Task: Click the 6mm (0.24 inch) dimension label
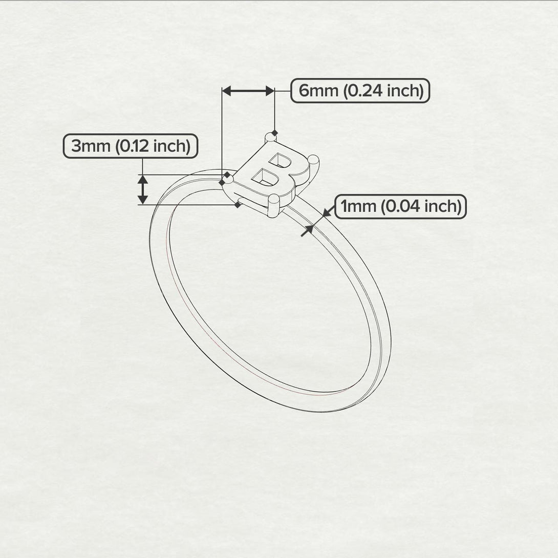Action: [x=360, y=91]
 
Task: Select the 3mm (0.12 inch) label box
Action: [x=131, y=146]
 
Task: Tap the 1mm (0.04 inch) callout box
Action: [x=400, y=207]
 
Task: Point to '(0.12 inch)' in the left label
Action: [x=153, y=146]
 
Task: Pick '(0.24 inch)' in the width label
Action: [x=383, y=91]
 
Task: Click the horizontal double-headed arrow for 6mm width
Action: [x=248, y=91]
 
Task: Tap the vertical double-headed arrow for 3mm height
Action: [x=143, y=189]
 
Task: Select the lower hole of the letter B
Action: [x=265, y=178]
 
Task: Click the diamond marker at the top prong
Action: [x=275, y=133]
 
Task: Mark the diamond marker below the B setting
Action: [x=238, y=205]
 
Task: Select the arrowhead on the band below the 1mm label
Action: [x=307, y=230]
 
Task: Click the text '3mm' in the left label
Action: [x=91, y=146]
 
